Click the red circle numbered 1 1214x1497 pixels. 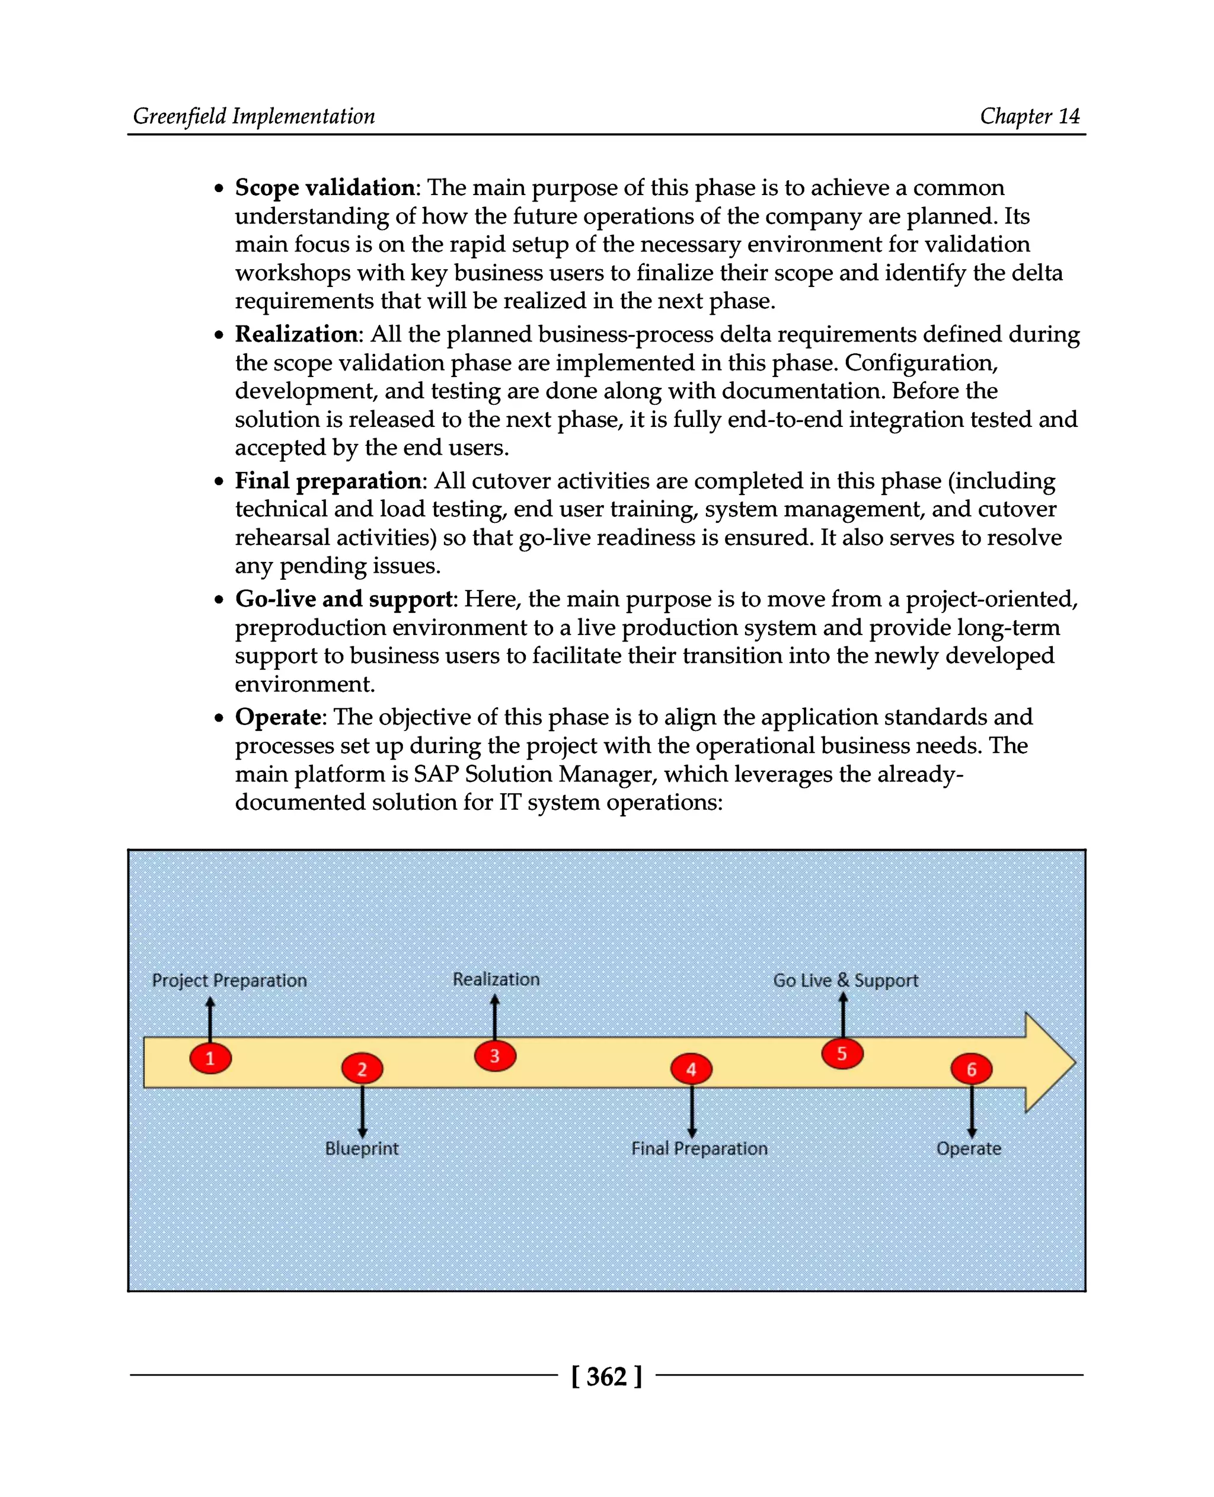click(x=210, y=1058)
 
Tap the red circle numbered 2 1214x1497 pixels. click(x=362, y=1068)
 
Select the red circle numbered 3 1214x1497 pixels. click(x=495, y=1055)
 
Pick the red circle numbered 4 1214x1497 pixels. click(x=691, y=1069)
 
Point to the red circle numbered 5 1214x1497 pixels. click(x=842, y=1054)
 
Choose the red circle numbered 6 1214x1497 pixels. click(x=972, y=1069)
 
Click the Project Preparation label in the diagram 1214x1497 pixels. click(x=229, y=980)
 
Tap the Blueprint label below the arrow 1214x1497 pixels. click(x=362, y=1148)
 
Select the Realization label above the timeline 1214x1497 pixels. click(x=496, y=979)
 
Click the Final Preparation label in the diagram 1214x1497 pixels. click(x=699, y=1148)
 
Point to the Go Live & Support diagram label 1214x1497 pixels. click(x=845, y=980)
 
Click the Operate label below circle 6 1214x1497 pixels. click(x=969, y=1148)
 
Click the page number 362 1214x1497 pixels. click(x=606, y=1376)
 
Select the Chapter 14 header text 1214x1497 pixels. click(x=1030, y=116)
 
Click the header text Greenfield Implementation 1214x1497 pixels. click(x=254, y=116)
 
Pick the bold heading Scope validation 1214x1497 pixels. click(x=325, y=187)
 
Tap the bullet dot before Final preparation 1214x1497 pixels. click(x=219, y=481)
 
